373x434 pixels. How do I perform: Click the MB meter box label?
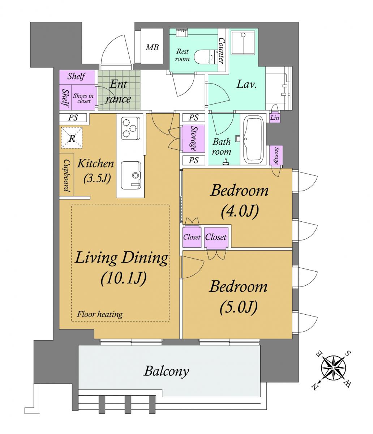coord(152,47)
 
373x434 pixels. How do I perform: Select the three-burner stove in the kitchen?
coord(130,128)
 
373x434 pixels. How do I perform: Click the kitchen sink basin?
coord(131,175)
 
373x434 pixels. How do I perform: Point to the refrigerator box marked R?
coord(72,138)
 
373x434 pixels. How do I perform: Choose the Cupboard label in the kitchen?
coord(67,175)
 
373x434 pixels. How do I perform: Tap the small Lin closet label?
coord(275,118)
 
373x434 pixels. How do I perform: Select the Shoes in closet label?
coord(83,98)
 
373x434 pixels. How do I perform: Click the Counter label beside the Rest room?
coord(221,50)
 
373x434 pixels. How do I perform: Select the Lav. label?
coord(246,85)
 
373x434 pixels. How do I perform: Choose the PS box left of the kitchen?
coord(73,118)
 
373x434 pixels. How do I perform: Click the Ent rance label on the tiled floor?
coord(119,92)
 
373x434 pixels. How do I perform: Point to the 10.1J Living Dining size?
coord(124,279)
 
